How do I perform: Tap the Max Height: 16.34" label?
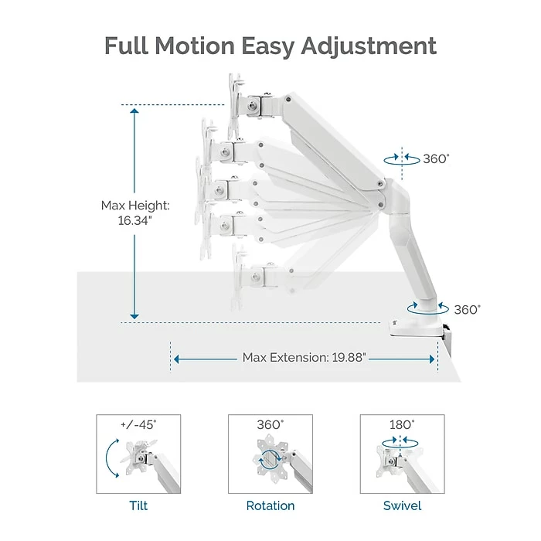coord(135,213)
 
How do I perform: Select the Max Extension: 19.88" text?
coord(304,358)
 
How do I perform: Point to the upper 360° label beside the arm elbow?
coord(436,158)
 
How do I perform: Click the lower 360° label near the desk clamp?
coord(467,309)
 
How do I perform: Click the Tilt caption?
coord(138,505)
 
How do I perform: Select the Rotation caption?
coord(270,505)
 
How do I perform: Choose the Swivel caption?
coord(402,505)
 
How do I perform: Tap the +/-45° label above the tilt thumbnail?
coord(138,424)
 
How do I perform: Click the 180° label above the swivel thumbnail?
coord(402,424)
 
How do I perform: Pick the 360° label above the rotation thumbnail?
coord(270,424)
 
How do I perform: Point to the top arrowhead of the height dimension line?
coord(134,112)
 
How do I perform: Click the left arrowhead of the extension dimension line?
coord(177,359)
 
